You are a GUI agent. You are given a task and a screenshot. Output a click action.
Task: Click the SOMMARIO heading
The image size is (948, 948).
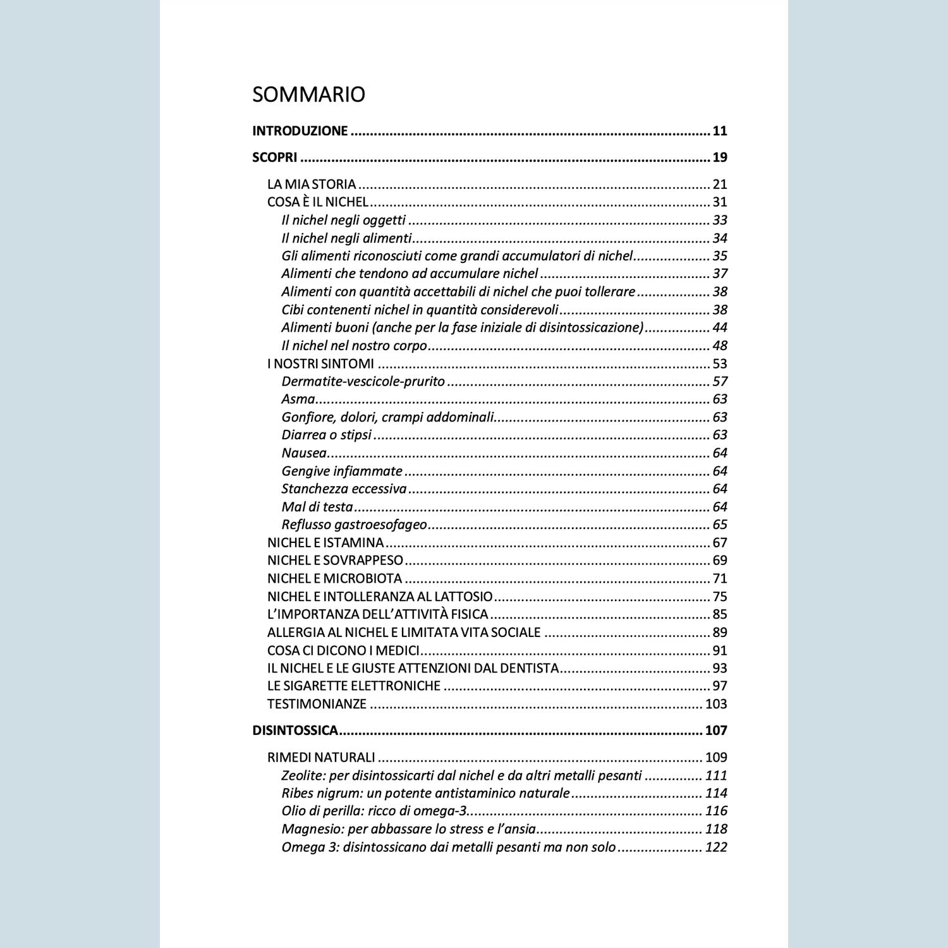pyautogui.click(x=308, y=94)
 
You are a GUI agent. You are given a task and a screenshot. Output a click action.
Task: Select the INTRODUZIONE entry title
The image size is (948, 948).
pyautogui.click(x=300, y=131)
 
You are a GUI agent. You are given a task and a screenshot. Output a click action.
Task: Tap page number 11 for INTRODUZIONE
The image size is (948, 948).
pyautogui.click(x=719, y=131)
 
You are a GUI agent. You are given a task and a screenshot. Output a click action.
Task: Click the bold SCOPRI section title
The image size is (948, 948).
pyautogui.click(x=274, y=157)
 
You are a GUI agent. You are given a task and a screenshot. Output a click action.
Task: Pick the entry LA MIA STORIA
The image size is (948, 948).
pyautogui.click(x=312, y=184)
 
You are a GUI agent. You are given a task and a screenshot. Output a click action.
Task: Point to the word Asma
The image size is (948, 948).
pyautogui.click(x=298, y=399)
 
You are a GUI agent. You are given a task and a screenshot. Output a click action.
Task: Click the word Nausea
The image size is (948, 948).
pyautogui.click(x=304, y=453)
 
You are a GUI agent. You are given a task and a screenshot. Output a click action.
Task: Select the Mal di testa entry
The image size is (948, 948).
pyautogui.click(x=317, y=507)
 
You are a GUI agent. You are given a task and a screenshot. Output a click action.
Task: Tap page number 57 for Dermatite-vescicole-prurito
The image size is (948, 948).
pyautogui.click(x=719, y=381)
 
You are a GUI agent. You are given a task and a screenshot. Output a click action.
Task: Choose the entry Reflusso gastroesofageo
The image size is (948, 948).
pyautogui.click(x=354, y=525)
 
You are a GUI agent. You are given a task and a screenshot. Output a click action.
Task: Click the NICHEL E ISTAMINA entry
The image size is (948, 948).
pyautogui.click(x=325, y=542)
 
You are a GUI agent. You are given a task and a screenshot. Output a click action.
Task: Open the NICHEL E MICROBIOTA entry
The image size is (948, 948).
pyautogui.click(x=334, y=578)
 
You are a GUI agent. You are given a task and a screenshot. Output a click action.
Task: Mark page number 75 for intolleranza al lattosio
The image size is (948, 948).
pyautogui.click(x=719, y=596)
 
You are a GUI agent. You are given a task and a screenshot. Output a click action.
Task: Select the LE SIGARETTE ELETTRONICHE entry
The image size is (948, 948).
pyautogui.click(x=353, y=686)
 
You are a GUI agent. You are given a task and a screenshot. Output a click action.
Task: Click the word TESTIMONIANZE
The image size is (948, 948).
pyautogui.click(x=317, y=703)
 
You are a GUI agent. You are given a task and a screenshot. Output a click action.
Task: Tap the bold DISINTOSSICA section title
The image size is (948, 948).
pyautogui.click(x=295, y=731)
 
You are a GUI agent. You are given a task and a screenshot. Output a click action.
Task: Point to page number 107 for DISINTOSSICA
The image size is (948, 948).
pyautogui.click(x=715, y=731)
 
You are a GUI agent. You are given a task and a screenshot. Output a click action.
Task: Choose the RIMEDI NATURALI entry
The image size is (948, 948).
pyautogui.click(x=321, y=757)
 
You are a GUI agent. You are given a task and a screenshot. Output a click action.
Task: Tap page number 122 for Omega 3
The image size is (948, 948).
pyautogui.click(x=715, y=847)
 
